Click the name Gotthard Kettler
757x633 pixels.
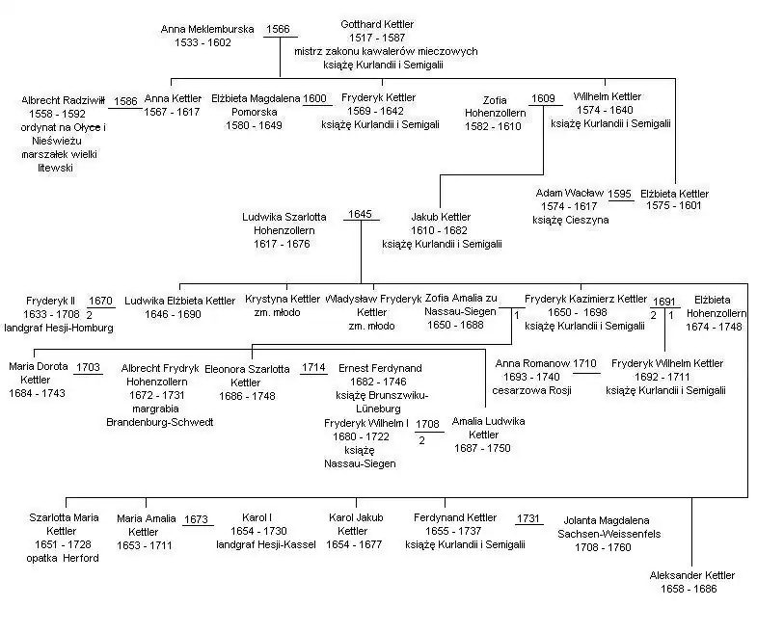coord(380,24)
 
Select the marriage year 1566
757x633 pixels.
coord(278,30)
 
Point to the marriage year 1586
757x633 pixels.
coord(125,100)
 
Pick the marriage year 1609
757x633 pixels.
coord(543,98)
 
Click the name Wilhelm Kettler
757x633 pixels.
coord(607,96)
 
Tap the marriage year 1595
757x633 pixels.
coord(620,194)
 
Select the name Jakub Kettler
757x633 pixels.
coord(441,217)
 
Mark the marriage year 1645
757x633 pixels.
coord(360,214)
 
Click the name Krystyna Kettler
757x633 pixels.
coord(283,300)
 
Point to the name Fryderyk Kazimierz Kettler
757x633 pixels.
coord(585,300)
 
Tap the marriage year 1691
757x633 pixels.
coord(664,301)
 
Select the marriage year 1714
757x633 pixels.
coord(313,368)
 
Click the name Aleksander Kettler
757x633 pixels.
coord(691,575)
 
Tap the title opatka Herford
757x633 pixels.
coord(63,558)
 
